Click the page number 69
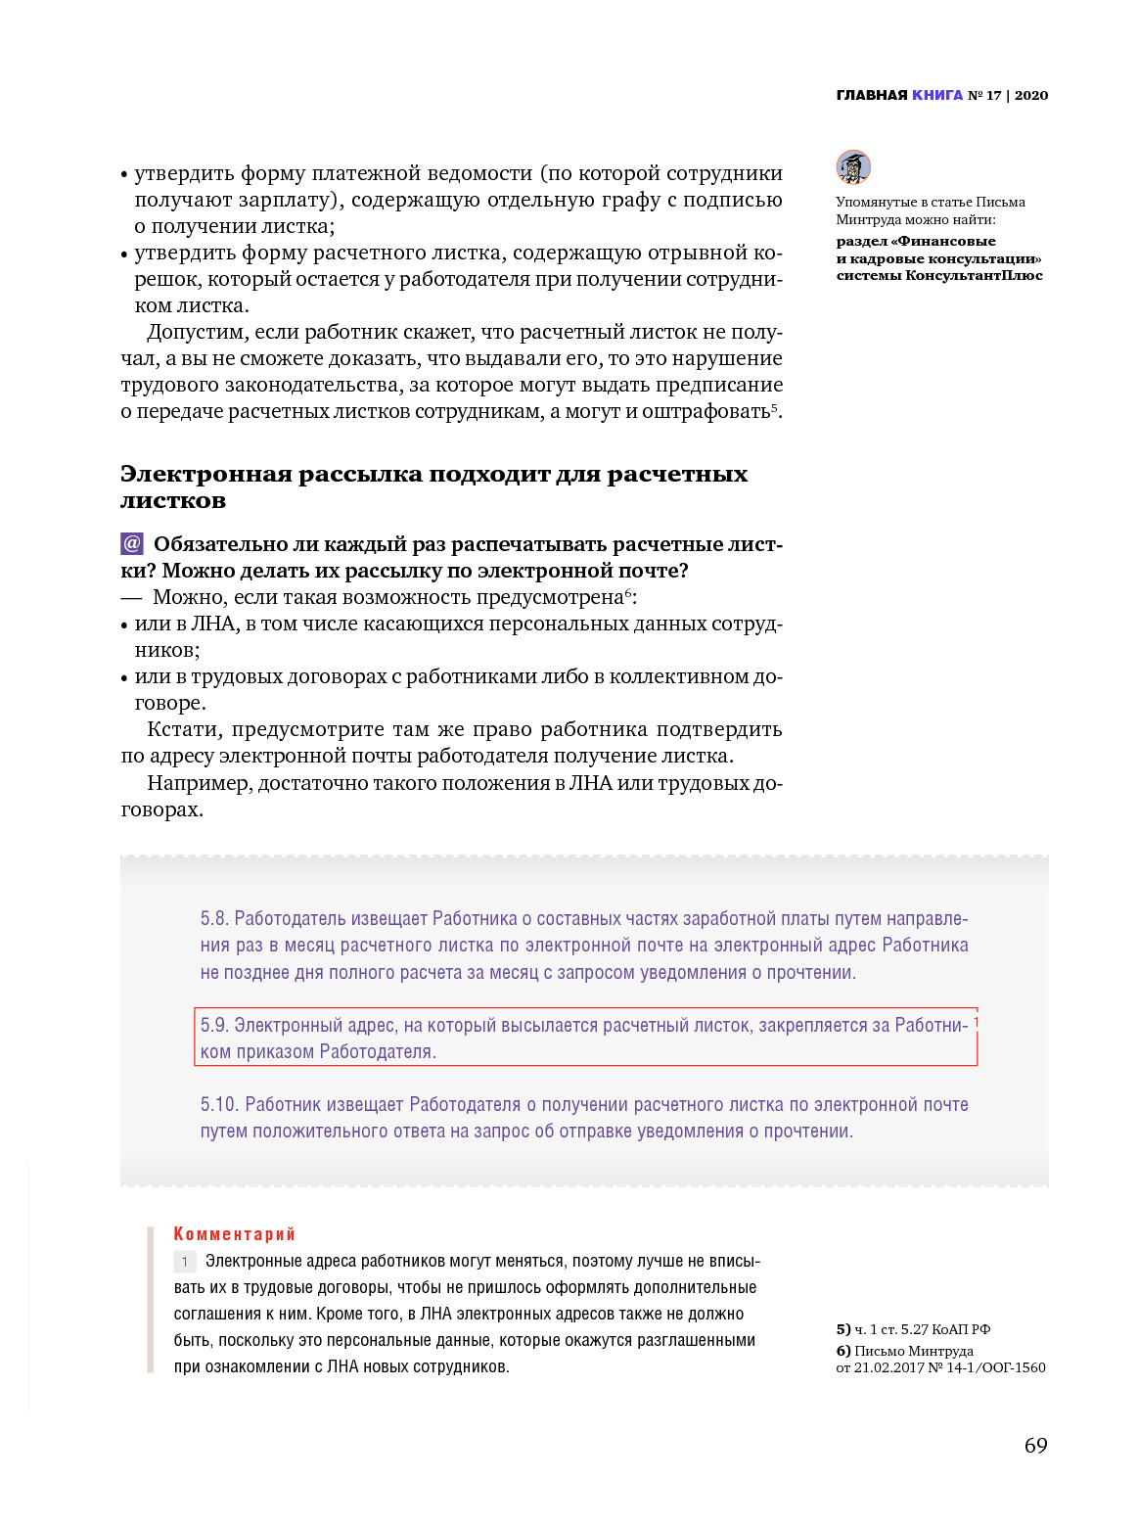click(x=1035, y=1446)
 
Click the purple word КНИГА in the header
click(x=937, y=95)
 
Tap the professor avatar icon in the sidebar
click(x=853, y=167)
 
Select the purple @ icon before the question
click(x=132, y=544)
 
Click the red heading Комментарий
click(x=234, y=1234)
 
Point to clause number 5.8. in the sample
click(x=214, y=919)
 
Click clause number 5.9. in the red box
click(x=214, y=1026)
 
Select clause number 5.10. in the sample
click(x=219, y=1105)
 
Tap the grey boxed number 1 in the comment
click(x=185, y=1262)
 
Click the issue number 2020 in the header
click(x=1031, y=95)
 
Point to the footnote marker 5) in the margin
click(x=843, y=1329)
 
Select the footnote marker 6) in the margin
click(x=843, y=1351)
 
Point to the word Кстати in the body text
click(x=185, y=730)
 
